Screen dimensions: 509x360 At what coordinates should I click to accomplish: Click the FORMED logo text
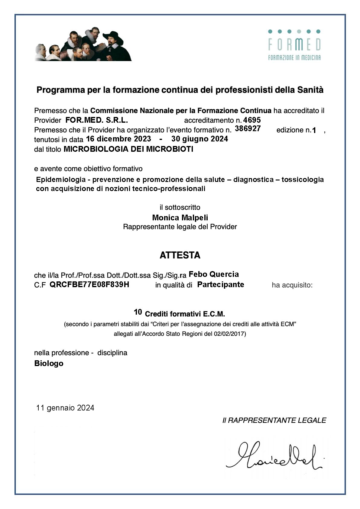[x=294, y=45]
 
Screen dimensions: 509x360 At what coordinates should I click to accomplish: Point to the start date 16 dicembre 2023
[x=118, y=139]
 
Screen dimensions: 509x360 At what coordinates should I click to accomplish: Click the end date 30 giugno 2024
[x=199, y=139]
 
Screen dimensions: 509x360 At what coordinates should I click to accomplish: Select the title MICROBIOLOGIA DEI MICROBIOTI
[x=128, y=149]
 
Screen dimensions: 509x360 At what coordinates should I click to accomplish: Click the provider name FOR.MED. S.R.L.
[x=97, y=120]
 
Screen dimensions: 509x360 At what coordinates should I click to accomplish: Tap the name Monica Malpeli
[x=180, y=218]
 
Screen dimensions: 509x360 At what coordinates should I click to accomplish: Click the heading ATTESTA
[x=180, y=255]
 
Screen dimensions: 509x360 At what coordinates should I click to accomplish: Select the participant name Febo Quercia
[x=214, y=274]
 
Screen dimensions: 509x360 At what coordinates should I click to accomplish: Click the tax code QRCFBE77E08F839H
[x=89, y=284]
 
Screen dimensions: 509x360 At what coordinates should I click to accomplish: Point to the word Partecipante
[x=220, y=284]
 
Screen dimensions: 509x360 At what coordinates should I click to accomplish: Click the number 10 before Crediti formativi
[x=138, y=312]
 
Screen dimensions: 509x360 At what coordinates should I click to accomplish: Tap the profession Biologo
[x=49, y=363]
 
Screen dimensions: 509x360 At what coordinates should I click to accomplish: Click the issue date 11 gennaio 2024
[x=65, y=408]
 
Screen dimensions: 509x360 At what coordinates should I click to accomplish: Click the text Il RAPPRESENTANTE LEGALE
[x=274, y=420]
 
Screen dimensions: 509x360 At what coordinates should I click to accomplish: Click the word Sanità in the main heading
[x=310, y=90]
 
